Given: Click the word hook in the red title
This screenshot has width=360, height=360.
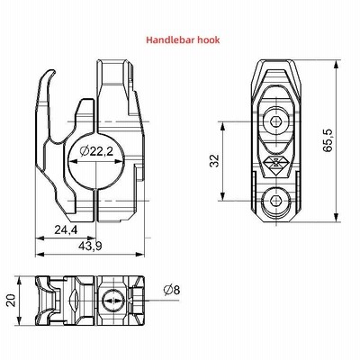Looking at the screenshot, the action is click(209, 40).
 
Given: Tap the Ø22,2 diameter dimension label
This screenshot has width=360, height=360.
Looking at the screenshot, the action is click(96, 151).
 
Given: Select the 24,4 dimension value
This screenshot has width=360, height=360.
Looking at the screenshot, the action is click(66, 230).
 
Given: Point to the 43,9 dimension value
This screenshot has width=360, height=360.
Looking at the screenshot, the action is click(90, 246).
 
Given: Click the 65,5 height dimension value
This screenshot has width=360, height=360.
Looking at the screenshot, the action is click(328, 140).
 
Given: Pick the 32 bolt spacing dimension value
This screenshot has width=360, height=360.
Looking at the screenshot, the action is click(215, 161).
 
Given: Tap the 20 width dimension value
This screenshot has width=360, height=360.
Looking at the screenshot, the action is click(11, 301).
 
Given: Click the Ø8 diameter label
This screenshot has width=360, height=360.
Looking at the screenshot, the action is click(172, 290).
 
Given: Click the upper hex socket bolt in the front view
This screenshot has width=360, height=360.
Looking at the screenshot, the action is click(275, 121).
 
